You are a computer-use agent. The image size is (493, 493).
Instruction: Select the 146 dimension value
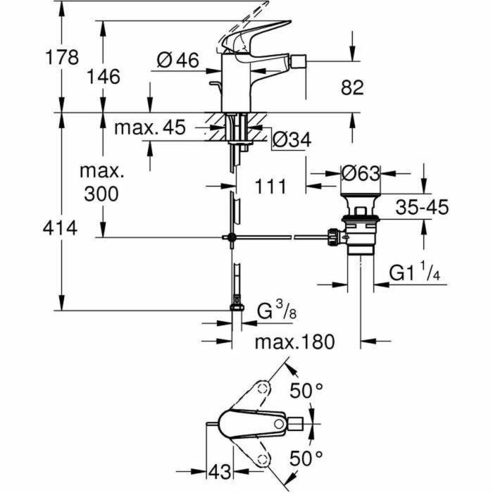(x=104, y=75)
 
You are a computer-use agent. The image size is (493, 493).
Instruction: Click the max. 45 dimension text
(x=149, y=127)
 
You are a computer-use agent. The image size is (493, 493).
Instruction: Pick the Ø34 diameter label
(x=290, y=141)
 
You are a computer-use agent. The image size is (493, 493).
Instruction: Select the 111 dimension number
(x=270, y=186)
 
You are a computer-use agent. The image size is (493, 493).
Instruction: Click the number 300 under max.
(x=101, y=194)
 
